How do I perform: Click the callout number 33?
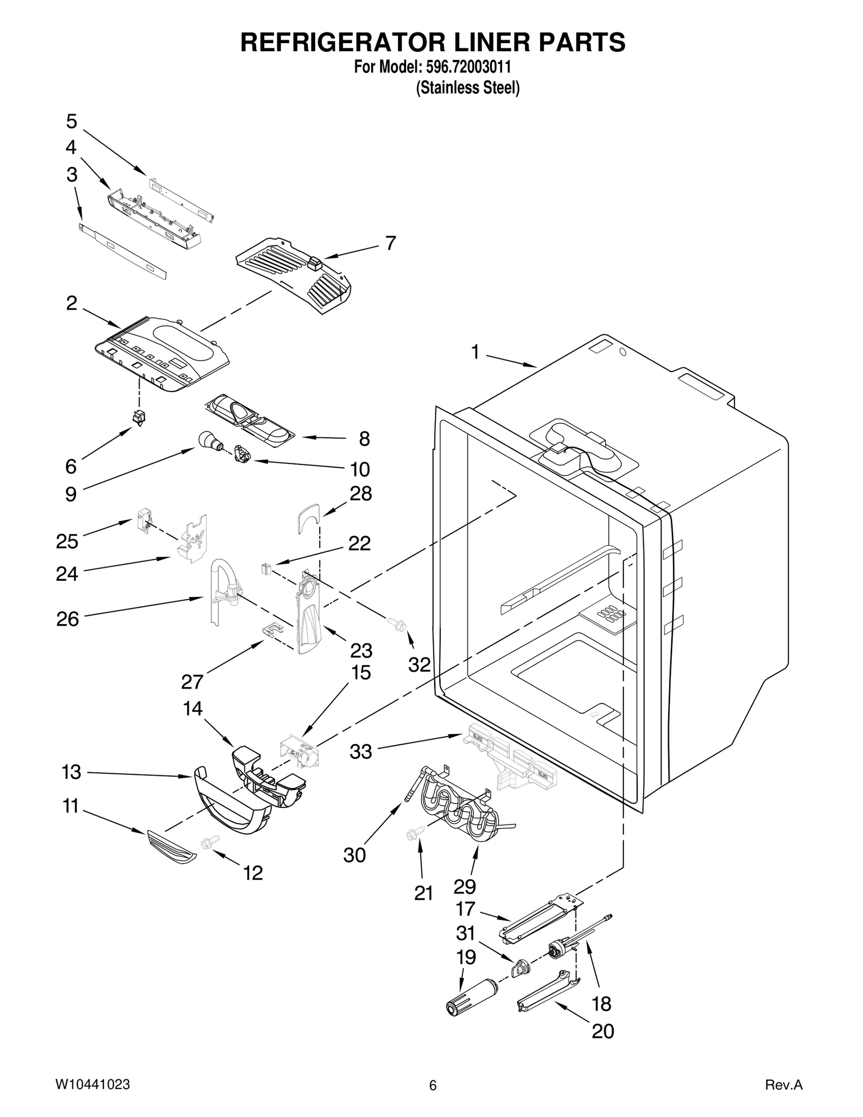click(360, 751)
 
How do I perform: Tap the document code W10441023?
click(92, 1085)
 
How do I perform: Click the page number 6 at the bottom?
click(432, 1086)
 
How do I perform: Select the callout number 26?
click(67, 619)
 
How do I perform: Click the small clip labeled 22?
click(265, 568)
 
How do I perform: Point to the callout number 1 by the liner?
click(475, 352)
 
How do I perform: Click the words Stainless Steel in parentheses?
click(467, 88)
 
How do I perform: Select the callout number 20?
click(602, 1031)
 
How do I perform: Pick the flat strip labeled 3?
click(123, 250)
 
